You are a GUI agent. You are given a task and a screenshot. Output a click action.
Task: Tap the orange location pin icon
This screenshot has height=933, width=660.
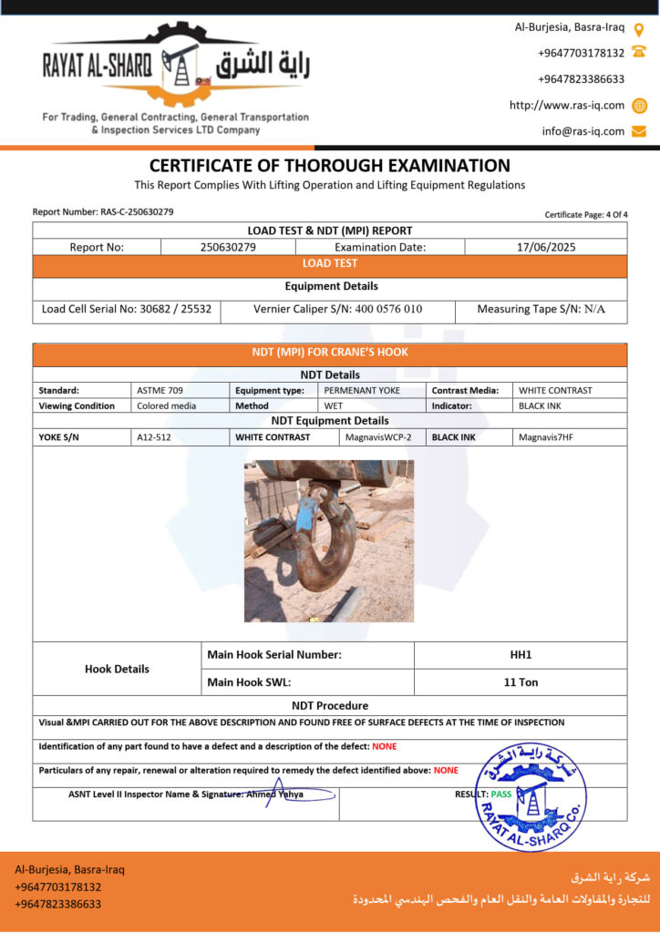(x=639, y=28)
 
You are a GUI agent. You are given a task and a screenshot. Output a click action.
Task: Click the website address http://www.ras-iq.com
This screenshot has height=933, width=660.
(x=567, y=105)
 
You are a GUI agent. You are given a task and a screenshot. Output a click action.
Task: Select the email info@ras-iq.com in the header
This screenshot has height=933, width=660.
(x=583, y=131)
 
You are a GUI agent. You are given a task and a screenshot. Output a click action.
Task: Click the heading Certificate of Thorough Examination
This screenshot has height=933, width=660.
(x=329, y=166)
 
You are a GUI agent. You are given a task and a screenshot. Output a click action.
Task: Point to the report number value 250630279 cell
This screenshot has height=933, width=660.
(x=228, y=247)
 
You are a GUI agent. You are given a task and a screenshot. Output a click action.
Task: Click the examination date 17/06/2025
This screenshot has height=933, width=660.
(x=545, y=247)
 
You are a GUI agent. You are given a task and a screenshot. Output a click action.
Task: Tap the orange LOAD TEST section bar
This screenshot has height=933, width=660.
(x=329, y=263)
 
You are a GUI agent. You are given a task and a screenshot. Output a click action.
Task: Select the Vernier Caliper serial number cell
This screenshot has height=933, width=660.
(x=337, y=309)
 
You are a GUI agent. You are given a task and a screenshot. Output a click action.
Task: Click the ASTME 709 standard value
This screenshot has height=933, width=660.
(x=160, y=390)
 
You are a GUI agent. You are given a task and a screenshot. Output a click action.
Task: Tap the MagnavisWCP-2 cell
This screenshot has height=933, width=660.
(x=377, y=437)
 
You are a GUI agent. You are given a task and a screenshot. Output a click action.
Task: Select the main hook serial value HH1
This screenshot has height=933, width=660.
(x=521, y=655)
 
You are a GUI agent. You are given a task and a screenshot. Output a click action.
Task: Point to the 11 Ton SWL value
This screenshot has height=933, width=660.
(x=521, y=682)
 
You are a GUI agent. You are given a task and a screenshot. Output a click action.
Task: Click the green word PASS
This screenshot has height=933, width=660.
(x=501, y=795)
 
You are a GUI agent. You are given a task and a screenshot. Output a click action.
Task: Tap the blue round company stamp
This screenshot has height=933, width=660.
(x=531, y=797)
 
